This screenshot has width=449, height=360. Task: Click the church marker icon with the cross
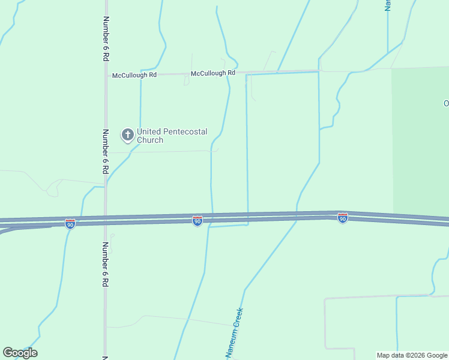127,135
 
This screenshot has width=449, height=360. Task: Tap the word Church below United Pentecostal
149,140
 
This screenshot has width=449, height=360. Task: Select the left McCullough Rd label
134,76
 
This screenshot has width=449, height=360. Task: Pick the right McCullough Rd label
213,73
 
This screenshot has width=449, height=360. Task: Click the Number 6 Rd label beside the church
106,151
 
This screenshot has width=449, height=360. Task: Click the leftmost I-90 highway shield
70,224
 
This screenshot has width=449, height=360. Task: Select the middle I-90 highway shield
197,221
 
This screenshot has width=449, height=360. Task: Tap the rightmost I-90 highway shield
342,218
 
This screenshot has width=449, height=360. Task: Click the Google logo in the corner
20,353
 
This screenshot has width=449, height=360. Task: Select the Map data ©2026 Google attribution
412,355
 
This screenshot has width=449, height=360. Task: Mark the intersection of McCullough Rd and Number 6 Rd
106,75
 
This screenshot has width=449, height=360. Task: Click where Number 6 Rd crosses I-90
106,220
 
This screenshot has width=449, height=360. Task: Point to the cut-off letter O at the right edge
446,103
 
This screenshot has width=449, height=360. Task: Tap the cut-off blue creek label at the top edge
388,5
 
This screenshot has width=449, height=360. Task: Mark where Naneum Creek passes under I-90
295,217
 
